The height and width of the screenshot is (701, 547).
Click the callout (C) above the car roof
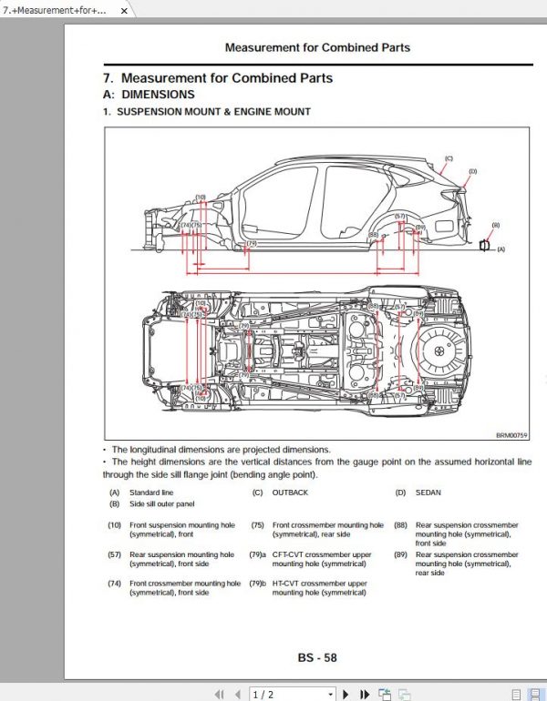448,158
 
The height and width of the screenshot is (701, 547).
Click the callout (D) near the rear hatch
473,171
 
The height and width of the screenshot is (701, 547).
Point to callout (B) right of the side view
496,225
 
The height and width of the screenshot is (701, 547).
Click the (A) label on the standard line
501,248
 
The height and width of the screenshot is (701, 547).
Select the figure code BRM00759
512,435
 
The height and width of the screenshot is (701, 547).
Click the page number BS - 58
316,657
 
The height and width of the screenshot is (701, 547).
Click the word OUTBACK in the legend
291,493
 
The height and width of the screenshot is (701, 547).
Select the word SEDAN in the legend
428,493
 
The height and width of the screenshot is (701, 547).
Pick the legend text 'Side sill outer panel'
161,503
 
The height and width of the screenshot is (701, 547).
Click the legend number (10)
114,525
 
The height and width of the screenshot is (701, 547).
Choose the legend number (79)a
258,554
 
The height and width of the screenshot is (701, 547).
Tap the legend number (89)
400,554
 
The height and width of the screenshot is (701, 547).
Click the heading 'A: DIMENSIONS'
149,95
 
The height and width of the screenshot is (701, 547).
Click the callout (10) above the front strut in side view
201,197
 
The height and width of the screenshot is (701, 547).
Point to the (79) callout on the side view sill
253,244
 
